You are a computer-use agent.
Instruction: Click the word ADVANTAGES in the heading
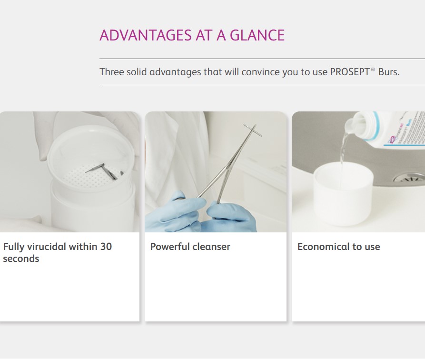click(x=146, y=35)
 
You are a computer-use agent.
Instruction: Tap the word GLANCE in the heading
click(x=257, y=35)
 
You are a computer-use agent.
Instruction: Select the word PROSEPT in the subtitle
click(x=350, y=72)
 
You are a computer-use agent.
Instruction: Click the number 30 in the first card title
click(x=106, y=247)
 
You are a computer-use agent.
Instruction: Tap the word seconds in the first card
click(x=21, y=259)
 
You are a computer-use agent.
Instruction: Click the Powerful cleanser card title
click(x=190, y=247)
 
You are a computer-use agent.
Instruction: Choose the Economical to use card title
click(x=338, y=247)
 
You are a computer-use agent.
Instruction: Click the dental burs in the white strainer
click(x=105, y=171)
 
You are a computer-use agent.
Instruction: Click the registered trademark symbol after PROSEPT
click(x=373, y=70)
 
